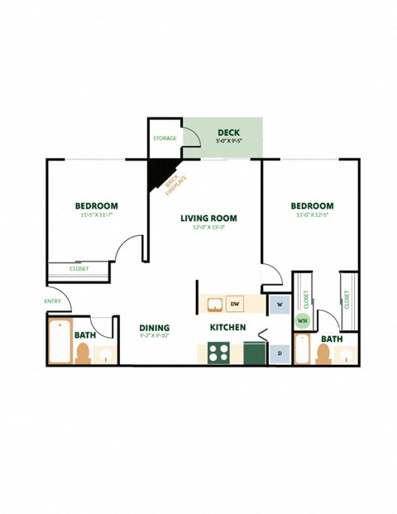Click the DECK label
[x=229, y=132]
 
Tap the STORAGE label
[x=165, y=137]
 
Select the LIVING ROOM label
[x=209, y=219]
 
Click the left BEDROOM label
[x=96, y=206]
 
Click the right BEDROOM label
[x=312, y=206]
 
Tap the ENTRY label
[x=53, y=301]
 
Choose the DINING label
[x=155, y=328]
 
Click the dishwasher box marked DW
[x=234, y=305]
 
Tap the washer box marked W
[x=280, y=305]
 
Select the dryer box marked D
[x=280, y=353]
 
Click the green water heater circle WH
[x=303, y=320]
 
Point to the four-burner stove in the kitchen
[x=219, y=353]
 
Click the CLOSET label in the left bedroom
[x=79, y=269]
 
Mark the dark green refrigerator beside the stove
[x=253, y=353]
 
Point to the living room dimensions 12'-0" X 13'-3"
[x=208, y=228]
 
